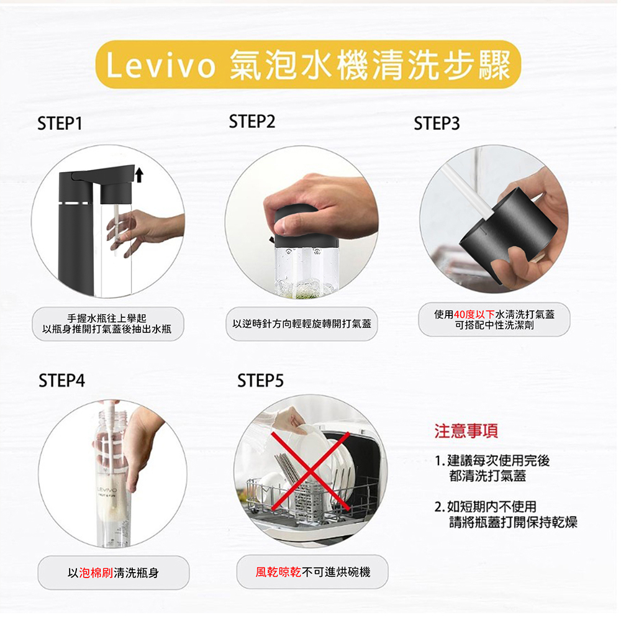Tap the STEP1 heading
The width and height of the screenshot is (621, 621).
coord(60,124)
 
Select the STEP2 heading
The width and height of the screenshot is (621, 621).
coord(252,122)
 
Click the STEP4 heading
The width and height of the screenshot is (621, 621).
coord(61,380)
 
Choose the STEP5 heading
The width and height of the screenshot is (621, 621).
coord(260,380)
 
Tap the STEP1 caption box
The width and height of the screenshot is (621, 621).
coord(109,324)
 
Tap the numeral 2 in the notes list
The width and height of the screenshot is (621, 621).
coord(439,507)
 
